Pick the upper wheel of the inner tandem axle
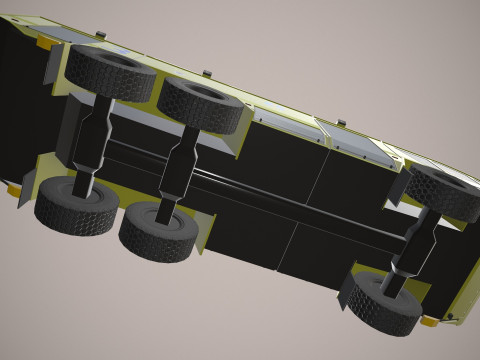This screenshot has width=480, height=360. pyautogui.click(x=204, y=104)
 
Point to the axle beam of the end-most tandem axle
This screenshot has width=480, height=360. pyautogui.click(x=92, y=140)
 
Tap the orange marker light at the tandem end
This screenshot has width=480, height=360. pyautogui.click(x=46, y=44)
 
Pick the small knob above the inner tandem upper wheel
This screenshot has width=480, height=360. pyautogui.click(x=206, y=72)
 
